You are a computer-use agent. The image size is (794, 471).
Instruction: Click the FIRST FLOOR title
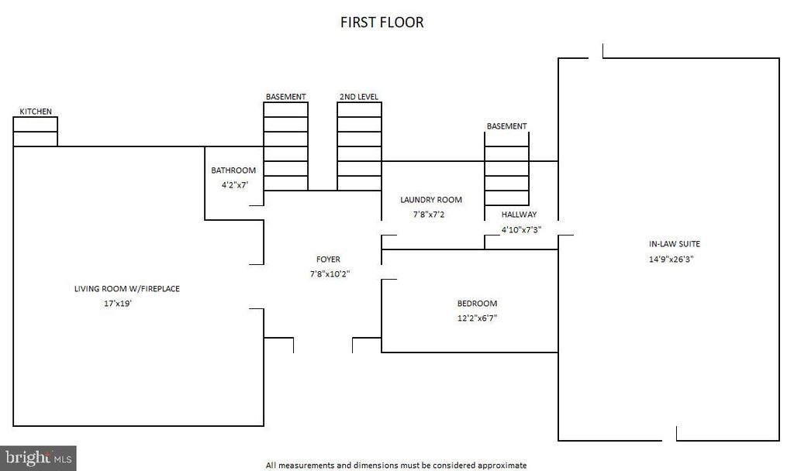click(381, 22)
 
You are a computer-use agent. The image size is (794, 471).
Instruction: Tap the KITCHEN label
click(36, 112)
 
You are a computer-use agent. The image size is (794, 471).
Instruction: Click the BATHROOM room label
click(233, 170)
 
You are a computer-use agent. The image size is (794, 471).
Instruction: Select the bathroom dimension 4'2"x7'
click(234, 184)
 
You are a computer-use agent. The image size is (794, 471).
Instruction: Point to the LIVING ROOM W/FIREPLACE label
click(127, 288)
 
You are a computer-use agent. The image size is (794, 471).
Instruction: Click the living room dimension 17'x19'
click(118, 304)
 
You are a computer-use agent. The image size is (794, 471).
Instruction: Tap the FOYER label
click(328, 259)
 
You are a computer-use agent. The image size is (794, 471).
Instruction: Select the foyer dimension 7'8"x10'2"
click(330, 274)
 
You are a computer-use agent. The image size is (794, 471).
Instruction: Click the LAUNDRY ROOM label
click(431, 200)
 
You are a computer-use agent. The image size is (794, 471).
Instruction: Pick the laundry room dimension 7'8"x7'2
click(429, 215)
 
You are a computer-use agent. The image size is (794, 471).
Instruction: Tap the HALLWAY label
click(519, 215)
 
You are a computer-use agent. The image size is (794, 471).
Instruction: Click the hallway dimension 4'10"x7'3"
click(522, 229)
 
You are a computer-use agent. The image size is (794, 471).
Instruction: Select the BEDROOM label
click(477, 304)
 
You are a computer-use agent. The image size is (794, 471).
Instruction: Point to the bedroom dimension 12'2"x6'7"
click(477, 318)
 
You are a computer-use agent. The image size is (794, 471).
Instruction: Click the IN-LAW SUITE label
click(675, 244)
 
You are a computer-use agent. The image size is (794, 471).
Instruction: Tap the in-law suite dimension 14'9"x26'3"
click(671, 259)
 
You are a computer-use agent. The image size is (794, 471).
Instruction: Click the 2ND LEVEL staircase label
click(359, 97)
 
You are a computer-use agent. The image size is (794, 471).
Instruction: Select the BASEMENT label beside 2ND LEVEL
click(285, 97)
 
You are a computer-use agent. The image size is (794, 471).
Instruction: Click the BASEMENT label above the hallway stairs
click(507, 126)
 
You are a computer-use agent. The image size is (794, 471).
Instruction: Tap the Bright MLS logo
click(38, 459)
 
